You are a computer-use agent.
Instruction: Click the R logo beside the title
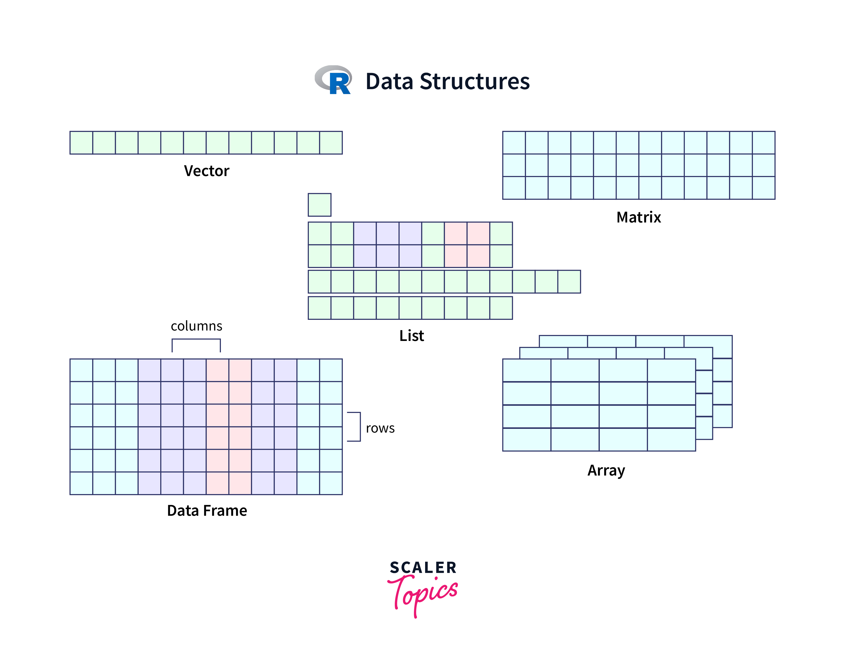click(x=334, y=80)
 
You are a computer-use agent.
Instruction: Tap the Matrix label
click(x=639, y=217)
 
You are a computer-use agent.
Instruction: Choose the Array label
click(x=606, y=470)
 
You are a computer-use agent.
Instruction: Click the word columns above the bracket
click(x=196, y=326)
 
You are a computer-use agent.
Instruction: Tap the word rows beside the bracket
click(x=380, y=428)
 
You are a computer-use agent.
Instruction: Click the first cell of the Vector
click(x=81, y=143)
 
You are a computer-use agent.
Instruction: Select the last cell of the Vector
click(x=331, y=143)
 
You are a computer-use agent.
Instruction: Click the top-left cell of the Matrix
click(x=514, y=143)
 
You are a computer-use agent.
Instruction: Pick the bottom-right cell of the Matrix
click(x=763, y=188)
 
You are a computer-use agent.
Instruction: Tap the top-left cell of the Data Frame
click(x=81, y=370)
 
